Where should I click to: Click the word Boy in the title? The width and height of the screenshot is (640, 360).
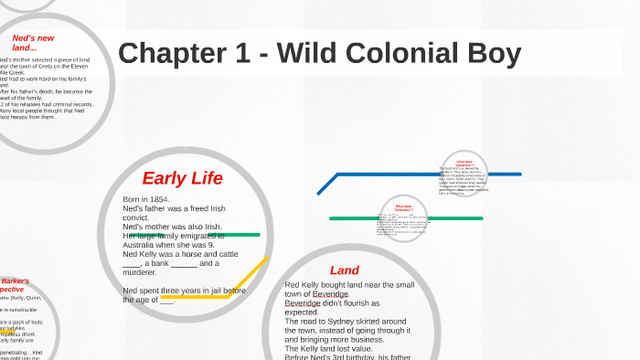(x=494, y=53)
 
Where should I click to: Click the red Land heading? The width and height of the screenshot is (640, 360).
(x=345, y=270)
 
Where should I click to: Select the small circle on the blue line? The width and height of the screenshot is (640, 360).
(x=464, y=174)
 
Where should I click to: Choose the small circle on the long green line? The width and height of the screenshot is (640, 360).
(x=402, y=218)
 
